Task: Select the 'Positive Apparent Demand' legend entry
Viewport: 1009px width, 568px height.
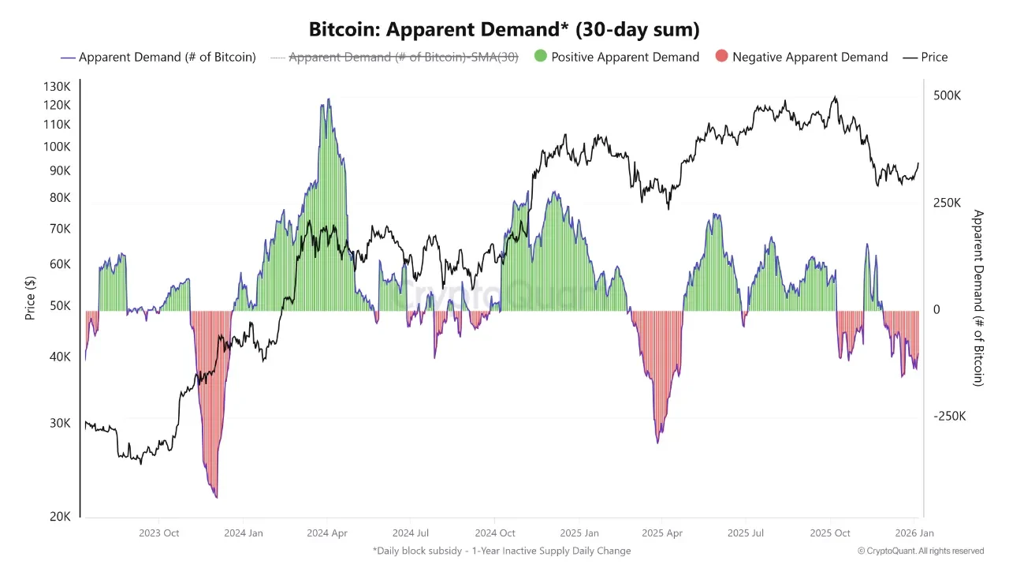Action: (624, 57)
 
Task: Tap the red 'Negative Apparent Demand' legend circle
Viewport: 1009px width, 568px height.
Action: (721, 57)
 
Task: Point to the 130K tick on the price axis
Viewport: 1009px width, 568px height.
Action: (57, 87)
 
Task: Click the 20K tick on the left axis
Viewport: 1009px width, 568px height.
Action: (61, 516)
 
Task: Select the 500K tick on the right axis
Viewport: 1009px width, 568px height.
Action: (947, 95)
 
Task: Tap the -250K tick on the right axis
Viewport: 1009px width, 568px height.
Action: (949, 417)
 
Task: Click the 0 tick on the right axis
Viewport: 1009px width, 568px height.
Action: (936, 310)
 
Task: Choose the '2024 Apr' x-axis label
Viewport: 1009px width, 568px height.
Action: (327, 533)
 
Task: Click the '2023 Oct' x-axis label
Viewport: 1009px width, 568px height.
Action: (159, 533)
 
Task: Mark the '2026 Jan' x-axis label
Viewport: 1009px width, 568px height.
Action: (914, 533)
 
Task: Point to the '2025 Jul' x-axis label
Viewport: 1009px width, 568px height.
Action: (746, 533)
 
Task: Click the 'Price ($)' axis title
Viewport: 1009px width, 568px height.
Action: (30, 297)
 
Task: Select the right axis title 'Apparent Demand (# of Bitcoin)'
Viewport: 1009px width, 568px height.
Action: (978, 297)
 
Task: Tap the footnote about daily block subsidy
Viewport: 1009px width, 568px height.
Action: (501, 551)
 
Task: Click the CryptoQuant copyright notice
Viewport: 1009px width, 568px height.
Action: (921, 551)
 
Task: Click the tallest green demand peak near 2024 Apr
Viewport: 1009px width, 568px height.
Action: (329, 101)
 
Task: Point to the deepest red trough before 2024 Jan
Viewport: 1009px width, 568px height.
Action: (215, 496)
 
